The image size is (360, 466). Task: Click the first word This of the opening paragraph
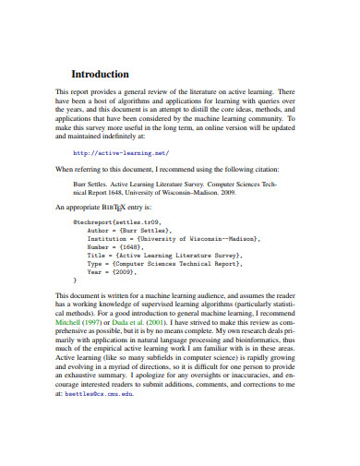63,93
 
